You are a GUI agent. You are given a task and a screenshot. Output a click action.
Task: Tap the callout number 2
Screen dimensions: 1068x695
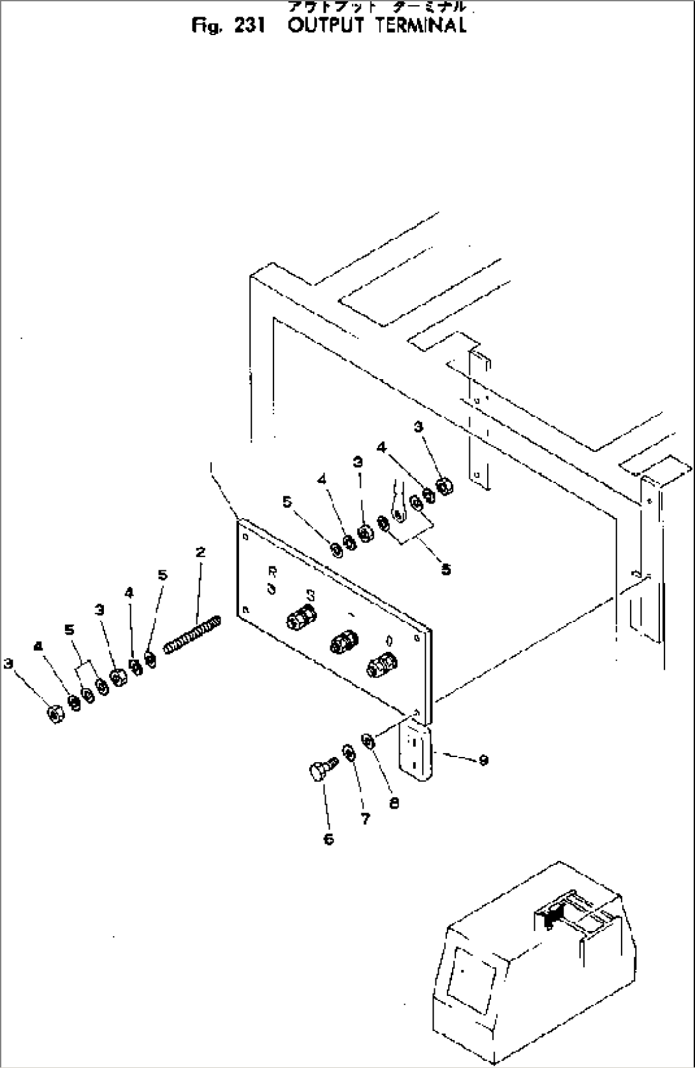point(200,552)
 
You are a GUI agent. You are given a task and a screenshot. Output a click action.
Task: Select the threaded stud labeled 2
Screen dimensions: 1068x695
point(193,634)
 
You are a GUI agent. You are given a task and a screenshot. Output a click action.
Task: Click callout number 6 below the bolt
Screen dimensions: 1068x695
point(329,839)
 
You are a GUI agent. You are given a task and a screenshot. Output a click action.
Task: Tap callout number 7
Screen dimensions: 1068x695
point(365,819)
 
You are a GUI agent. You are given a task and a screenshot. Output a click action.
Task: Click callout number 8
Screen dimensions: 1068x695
point(393,804)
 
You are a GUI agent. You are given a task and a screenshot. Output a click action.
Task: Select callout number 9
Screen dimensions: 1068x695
point(483,760)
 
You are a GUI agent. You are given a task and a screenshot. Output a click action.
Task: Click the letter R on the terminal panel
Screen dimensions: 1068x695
point(272,572)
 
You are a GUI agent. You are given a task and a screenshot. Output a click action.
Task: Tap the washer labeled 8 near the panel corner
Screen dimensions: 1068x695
point(368,740)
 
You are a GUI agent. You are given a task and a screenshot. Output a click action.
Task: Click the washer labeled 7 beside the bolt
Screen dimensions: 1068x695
point(349,753)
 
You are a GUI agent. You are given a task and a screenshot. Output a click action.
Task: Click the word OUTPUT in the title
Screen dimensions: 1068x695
point(326,26)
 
